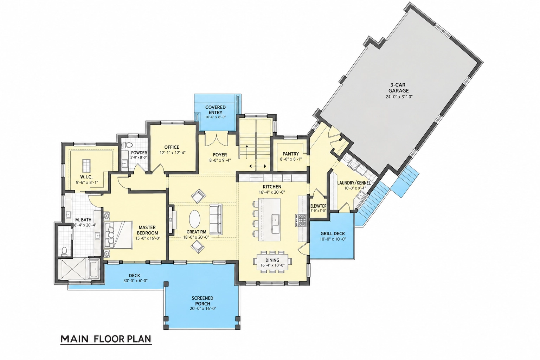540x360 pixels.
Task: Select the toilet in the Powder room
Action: (x=127, y=145)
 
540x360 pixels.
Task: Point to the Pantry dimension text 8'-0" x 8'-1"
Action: (x=291, y=159)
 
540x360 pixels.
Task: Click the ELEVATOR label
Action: (x=318, y=206)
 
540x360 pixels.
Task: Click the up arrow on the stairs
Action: (x=247, y=152)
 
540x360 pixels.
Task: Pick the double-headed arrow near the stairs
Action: (x=258, y=166)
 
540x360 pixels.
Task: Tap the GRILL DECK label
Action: (x=333, y=233)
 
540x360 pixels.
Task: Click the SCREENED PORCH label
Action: (x=202, y=301)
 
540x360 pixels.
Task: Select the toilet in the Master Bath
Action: (x=64, y=251)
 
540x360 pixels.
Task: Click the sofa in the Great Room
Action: (x=216, y=219)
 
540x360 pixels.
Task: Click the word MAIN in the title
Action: (x=75, y=339)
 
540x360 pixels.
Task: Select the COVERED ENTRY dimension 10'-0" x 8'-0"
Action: (x=215, y=117)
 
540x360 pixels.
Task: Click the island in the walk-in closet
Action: (x=86, y=165)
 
